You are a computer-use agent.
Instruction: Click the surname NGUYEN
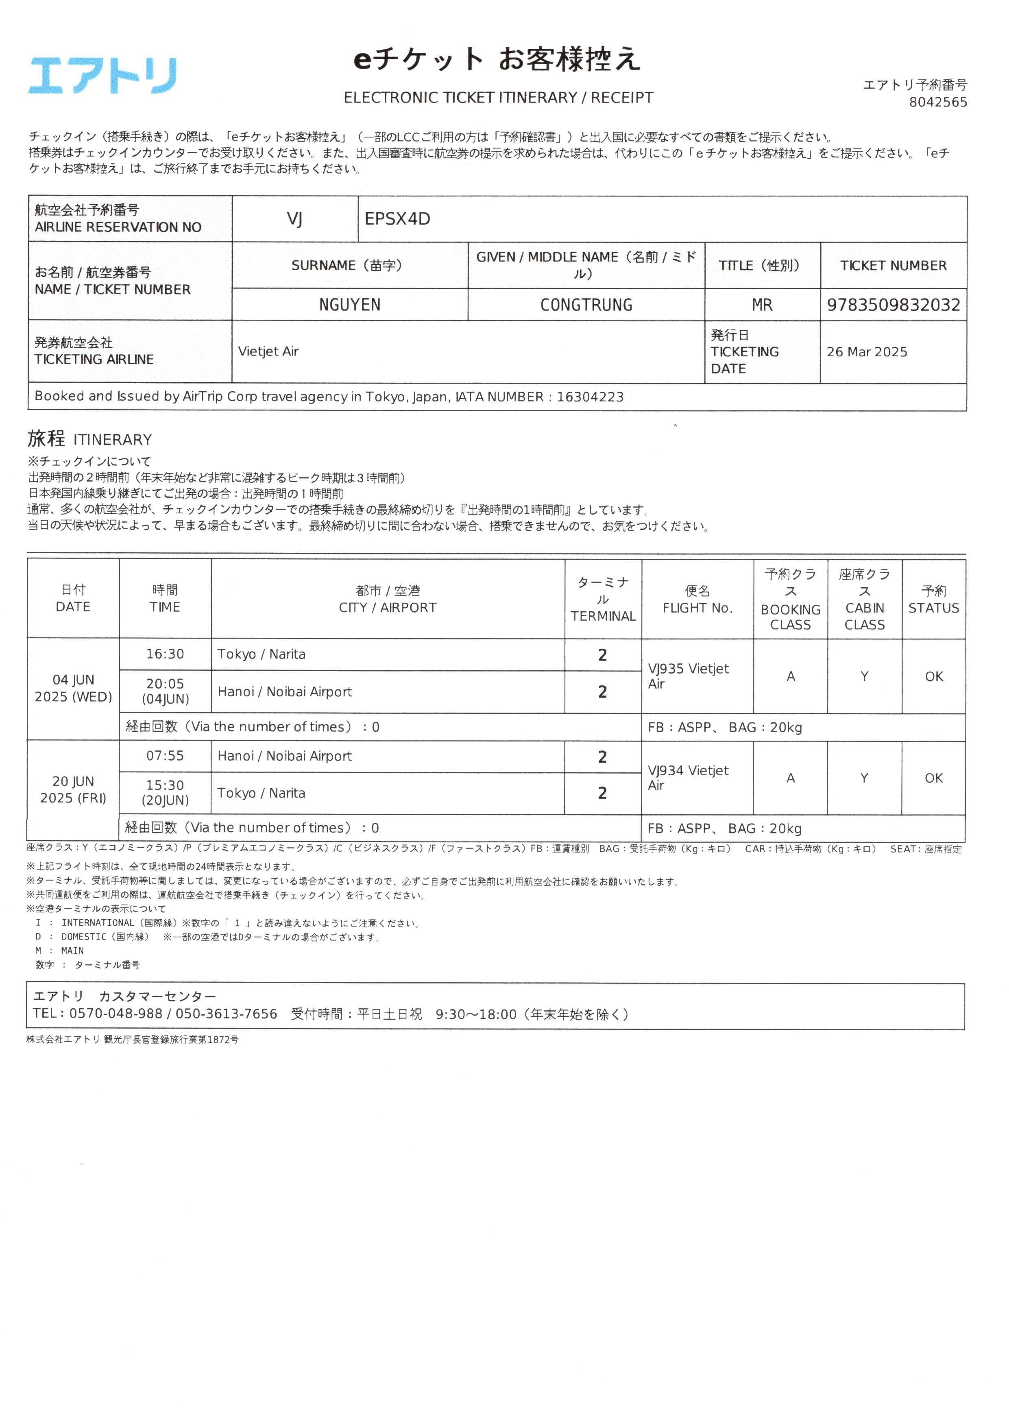pyautogui.click(x=349, y=305)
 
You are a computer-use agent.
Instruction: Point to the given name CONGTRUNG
pyautogui.click(x=586, y=305)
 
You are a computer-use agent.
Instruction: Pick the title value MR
pyautogui.click(x=762, y=305)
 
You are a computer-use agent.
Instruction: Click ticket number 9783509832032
pyautogui.click(x=893, y=305)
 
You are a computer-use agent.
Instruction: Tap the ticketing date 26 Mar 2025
pyautogui.click(x=866, y=352)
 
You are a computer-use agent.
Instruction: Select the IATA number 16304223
pyautogui.click(x=590, y=397)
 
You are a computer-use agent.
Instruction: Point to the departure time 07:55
pyautogui.click(x=165, y=756)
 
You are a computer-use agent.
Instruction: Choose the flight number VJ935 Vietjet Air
pyautogui.click(x=689, y=676)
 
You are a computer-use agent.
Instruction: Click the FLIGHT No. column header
pyautogui.click(x=697, y=600)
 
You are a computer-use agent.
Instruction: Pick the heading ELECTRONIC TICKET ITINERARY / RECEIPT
pyautogui.click(x=498, y=98)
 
